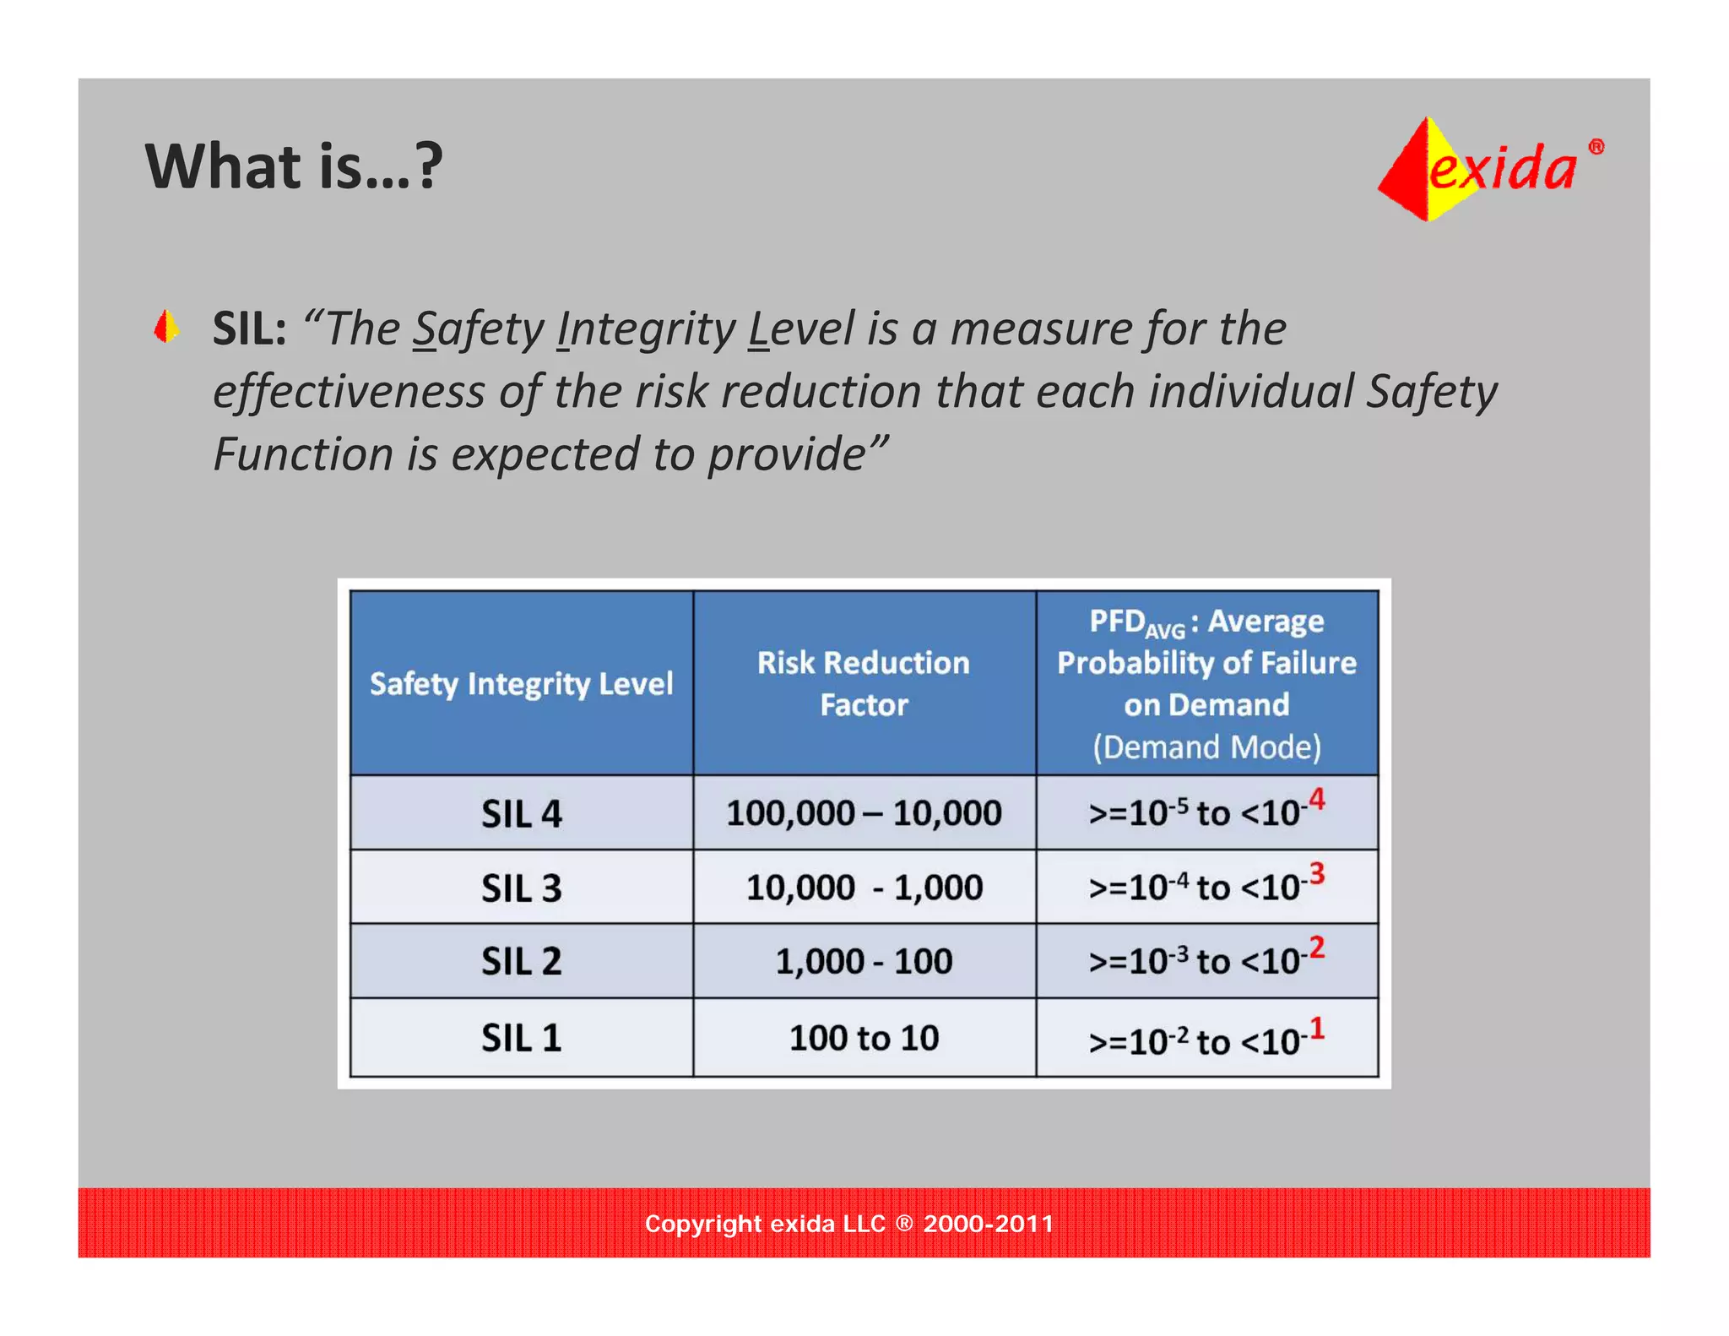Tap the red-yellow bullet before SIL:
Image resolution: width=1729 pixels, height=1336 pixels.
(166, 327)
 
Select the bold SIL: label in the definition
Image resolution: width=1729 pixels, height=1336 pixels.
(249, 329)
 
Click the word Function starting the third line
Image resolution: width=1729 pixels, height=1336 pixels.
(302, 454)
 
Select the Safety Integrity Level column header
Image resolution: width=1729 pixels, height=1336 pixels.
(521, 683)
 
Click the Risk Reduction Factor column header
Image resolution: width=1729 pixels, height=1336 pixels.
(863, 683)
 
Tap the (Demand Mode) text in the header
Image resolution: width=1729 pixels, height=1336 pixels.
(1206, 747)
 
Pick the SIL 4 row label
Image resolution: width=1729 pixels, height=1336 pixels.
(521, 814)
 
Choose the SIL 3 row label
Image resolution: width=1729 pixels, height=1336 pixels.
(521, 888)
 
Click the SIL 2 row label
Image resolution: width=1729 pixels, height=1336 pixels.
(521, 962)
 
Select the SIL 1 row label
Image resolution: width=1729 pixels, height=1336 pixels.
(521, 1038)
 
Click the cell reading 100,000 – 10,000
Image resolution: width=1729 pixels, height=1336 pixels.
(863, 813)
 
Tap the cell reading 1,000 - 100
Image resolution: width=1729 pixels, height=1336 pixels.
(863, 962)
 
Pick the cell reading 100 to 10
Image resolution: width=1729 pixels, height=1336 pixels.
(863, 1038)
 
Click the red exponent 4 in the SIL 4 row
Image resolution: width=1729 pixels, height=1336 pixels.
(1316, 798)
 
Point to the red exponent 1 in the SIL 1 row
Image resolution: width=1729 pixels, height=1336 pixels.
(1316, 1028)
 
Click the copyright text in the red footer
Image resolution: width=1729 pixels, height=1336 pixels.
(848, 1224)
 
